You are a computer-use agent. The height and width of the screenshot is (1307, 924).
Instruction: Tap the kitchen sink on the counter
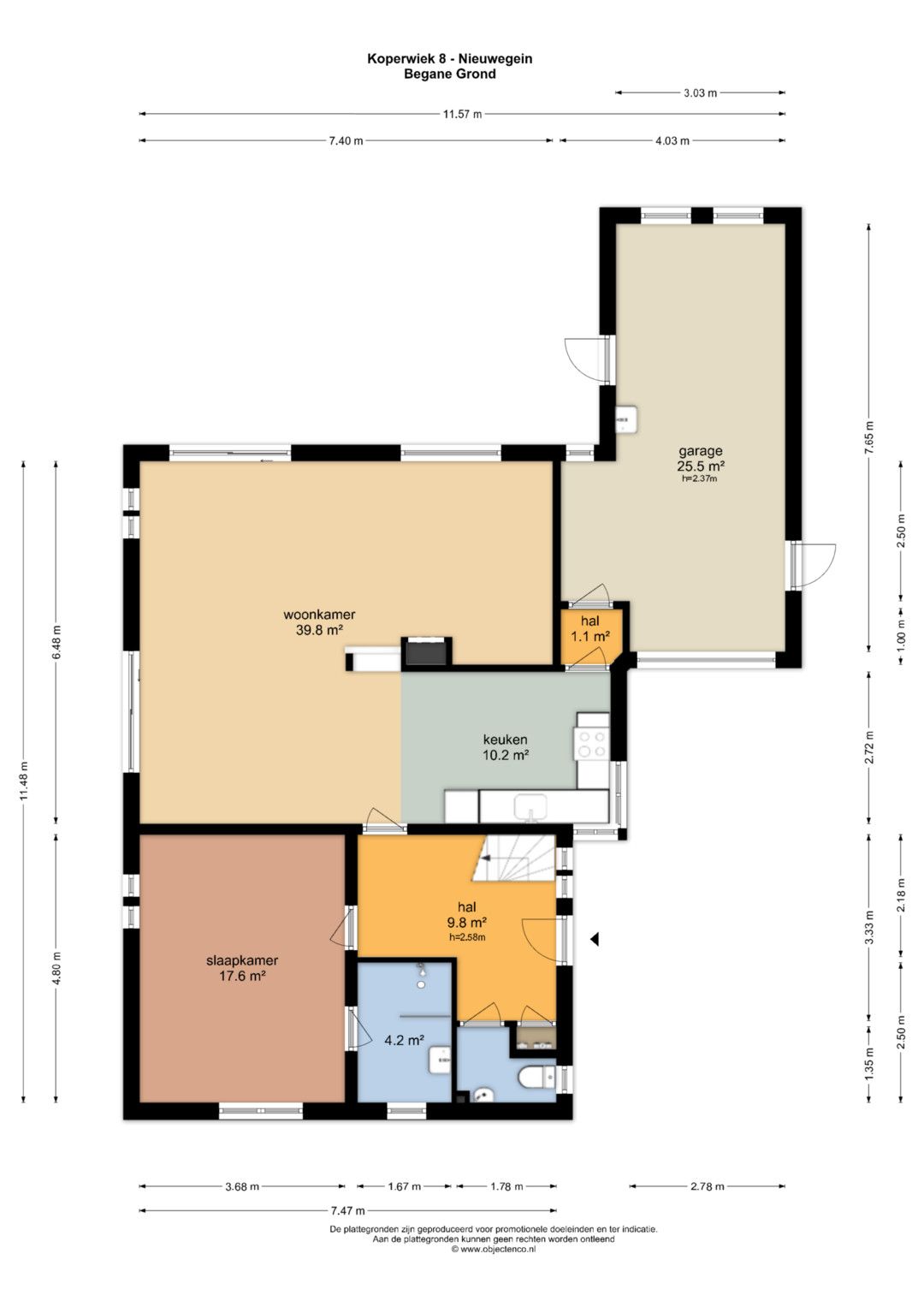coord(530,808)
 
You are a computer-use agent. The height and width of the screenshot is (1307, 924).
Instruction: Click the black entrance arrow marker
coord(595,940)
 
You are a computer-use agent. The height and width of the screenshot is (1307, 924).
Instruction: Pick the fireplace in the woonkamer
coord(426,651)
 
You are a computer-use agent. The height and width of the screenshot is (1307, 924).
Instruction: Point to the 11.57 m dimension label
coord(462,115)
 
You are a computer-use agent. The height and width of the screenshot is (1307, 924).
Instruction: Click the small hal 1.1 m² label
coord(589,628)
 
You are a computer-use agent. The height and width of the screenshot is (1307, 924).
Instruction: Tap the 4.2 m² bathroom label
coord(403,1040)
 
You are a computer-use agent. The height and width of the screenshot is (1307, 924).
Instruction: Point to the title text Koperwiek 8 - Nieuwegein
coord(450,59)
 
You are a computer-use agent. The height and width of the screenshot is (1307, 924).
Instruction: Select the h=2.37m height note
coord(700,478)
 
